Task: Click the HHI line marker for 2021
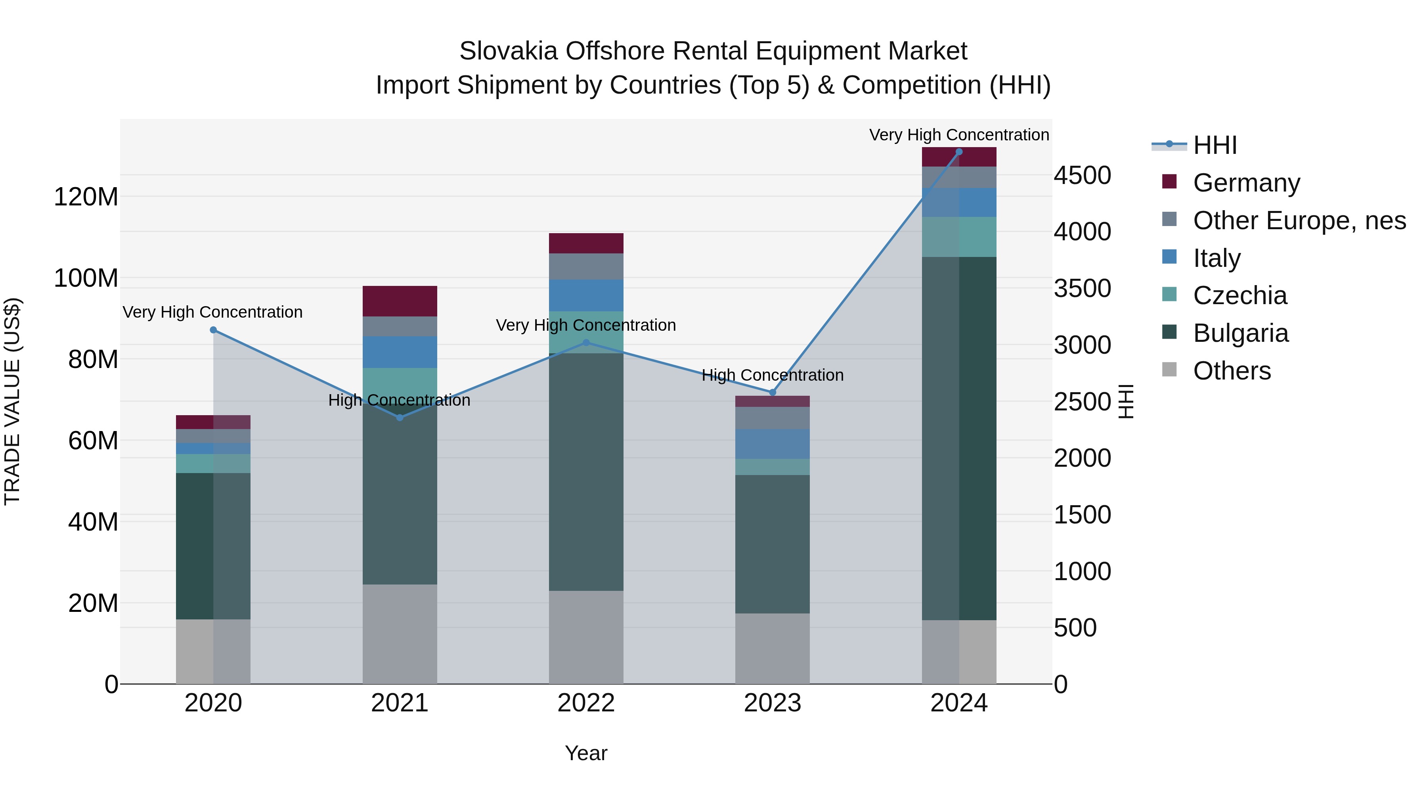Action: pos(400,417)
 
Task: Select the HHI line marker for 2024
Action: pos(959,152)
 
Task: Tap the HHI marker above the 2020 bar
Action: pos(213,330)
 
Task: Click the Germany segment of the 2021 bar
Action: pos(400,301)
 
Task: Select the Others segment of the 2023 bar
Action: pos(772,648)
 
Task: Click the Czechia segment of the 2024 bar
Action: pos(959,237)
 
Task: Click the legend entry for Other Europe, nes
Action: pos(1299,220)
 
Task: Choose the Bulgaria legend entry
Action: pos(1240,333)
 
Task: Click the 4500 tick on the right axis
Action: pos(1082,175)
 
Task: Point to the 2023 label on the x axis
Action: pos(772,703)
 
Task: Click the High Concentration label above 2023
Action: pos(772,375)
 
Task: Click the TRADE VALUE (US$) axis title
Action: pos(12,401)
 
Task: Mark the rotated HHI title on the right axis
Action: pos(1126,401)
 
